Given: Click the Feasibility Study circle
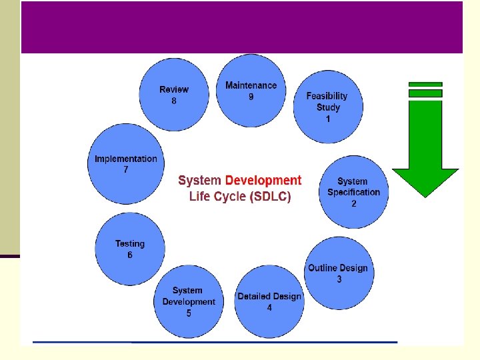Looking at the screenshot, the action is coord(328,107).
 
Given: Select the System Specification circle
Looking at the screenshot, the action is coord(353,192).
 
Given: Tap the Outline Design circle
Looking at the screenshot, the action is coord(338,273).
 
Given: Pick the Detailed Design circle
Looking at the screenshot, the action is coord(269,301).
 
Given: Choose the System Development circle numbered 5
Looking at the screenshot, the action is coord(189,301).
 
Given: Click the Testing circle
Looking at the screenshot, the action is coord(130,249).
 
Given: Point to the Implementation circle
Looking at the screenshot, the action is coord(126,165).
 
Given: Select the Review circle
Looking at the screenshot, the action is coord(174,95).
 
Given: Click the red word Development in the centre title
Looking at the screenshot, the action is coord(263,181).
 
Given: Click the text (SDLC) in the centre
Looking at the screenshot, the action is coord(269,197).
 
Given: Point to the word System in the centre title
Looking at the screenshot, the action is coord(200,181).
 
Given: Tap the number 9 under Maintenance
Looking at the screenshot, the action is coord(251,97).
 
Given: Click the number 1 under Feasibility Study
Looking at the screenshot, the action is coord(328,119).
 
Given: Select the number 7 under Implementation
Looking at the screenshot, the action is coord(126,170).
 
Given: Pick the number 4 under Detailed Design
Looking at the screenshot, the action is coord(269,308).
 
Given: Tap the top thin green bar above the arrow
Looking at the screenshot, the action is coord(425,85).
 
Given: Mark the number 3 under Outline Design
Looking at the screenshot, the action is coord(339,279).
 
